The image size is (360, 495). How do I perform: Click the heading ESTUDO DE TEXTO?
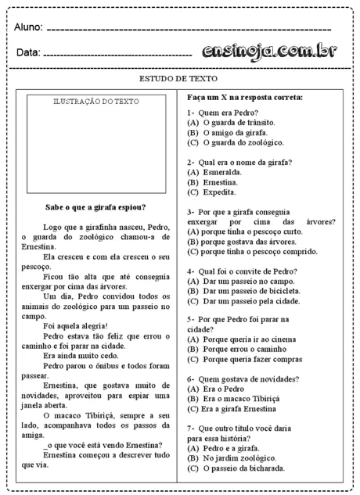click(178, 79)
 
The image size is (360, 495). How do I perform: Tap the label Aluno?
click(28, 27)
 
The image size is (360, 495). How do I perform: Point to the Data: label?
click(27, 53)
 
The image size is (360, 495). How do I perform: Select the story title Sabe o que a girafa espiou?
click(95, 207)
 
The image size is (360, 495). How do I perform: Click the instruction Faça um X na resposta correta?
click(245, 97)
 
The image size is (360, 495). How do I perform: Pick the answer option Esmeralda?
click(221, 171)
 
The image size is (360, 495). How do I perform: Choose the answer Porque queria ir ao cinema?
click(247, 339)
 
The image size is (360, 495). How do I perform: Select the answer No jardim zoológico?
click(234, 458)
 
